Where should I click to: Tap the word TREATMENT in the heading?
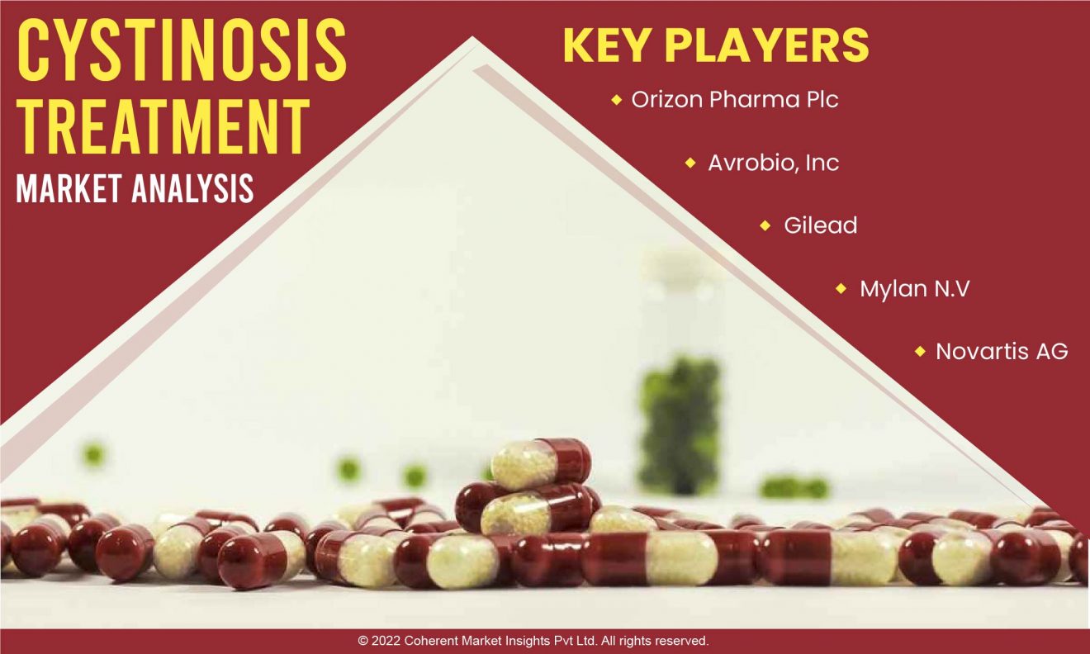(163, 126)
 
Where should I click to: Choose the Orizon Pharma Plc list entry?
(735, 99)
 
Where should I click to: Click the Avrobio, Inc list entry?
(773, 163)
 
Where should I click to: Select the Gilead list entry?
(821, 225)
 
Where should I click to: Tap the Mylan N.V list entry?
(914, 288)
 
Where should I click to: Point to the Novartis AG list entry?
(1002, 351)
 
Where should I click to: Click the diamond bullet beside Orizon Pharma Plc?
(617, 100)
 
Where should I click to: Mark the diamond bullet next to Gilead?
(765, 225)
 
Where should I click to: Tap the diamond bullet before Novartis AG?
(920, 351)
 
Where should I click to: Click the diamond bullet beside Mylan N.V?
(841, 288)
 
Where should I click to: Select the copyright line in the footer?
(533, 641)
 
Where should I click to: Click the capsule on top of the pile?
(541, 464)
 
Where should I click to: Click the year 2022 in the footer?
(386, 641)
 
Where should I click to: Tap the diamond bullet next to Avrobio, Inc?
(690, 163)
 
